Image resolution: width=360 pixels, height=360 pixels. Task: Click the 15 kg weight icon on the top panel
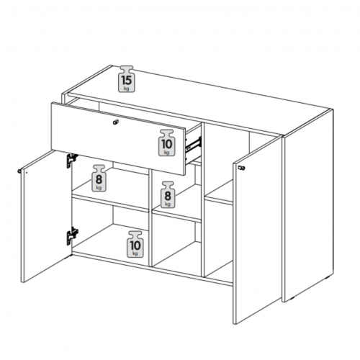pyautogui.click(x=127, y=79)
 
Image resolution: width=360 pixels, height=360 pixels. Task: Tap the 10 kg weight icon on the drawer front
pyautogui.click(x=167, y=143)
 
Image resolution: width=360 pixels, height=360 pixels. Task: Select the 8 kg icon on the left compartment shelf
pyautogui.click(x=99, y=178)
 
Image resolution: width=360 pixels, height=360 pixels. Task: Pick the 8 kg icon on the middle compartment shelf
pyautogui.click(x=168, y=194)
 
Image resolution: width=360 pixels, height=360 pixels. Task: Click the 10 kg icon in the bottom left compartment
pyautogui.click(x=135, y=244)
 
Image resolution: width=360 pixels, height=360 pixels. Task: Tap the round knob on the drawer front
pyautogui.click(x=116, y=122)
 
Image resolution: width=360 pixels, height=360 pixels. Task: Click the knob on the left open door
pyautogui.click(x=19, y=171)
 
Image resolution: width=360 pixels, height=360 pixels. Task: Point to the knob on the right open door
pyautogui.click(x=242, y=168)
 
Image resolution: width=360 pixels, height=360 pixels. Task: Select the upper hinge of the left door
pyautogui.click(x=72, y=160)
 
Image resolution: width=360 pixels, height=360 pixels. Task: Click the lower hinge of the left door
pyautogui.click(x=72, y=236)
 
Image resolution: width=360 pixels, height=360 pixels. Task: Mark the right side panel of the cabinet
pyautogui.click(x=308, y=205)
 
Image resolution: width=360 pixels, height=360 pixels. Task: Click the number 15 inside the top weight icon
pyautogui.click(x=127, y=80)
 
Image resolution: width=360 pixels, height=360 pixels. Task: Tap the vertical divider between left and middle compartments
pyautogui.click(x=150, y=217)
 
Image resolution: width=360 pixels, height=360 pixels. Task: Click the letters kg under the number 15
pyautogui.click(x=126, y=89)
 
